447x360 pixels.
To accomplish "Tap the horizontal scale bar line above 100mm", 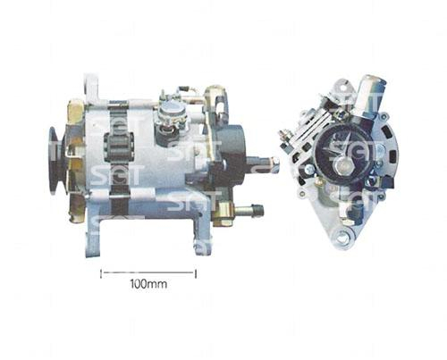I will (148, 272).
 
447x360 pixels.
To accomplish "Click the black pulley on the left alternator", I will (55, 160).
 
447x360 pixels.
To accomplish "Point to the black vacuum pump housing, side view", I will (234, 156).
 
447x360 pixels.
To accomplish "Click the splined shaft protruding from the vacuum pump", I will (265, 165).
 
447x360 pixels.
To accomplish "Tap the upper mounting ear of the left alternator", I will (92, 88).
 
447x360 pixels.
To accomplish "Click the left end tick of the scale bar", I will (100, 272).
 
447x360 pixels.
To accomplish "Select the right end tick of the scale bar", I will (195, 272).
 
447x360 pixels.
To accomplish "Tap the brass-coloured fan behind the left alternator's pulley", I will (73, 161).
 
